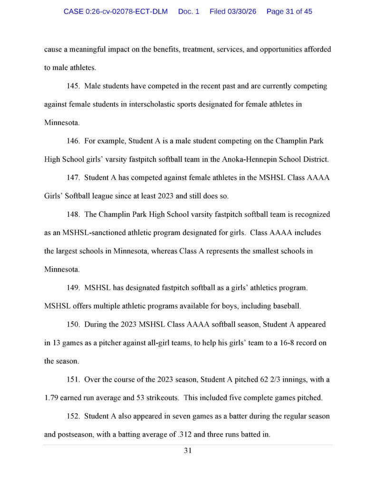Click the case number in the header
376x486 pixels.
[116, 11]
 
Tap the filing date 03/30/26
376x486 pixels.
[233, 11]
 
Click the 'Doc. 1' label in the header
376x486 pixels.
[189, 11]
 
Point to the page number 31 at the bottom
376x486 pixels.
[188, 451]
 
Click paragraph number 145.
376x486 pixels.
[73, 86]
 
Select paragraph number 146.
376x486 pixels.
[73, 141]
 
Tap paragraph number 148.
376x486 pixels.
[73, 214]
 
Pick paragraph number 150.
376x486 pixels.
[73, 325]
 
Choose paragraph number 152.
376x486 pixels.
[73, 416]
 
